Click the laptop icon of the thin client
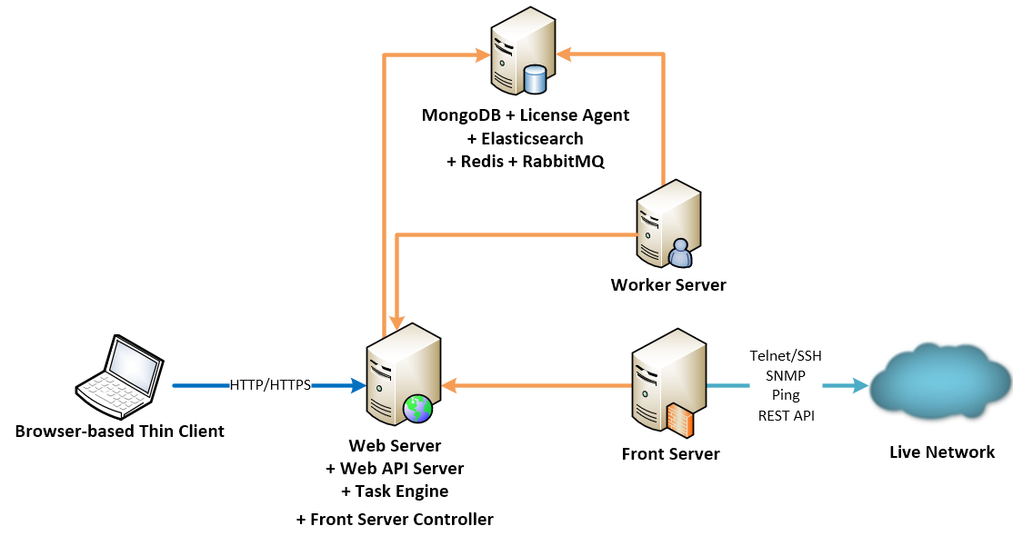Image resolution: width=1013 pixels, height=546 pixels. [118, 372]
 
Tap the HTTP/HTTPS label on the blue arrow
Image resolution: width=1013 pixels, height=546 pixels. [270, 385]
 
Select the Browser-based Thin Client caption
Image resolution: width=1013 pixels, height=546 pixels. [120, 431]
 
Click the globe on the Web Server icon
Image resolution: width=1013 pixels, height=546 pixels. [418, 408]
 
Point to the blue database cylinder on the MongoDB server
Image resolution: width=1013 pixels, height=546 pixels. [535, 80]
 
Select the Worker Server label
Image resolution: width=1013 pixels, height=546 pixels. [668, 285]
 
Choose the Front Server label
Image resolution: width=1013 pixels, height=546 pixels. [671, 453]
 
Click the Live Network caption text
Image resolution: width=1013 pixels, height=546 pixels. [942, 452]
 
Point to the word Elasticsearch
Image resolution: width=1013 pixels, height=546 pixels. [531, 139]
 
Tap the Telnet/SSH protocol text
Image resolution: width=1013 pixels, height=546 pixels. [786, 356]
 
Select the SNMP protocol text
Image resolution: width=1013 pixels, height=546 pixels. [786, 376]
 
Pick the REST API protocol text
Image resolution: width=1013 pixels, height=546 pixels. [786, 416]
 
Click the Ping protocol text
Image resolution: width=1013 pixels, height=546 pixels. [786, 396]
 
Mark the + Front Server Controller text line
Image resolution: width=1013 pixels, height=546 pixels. [395, 520]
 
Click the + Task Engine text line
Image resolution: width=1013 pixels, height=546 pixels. [395, 491]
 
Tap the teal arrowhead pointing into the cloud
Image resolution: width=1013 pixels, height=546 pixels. [861, 385]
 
